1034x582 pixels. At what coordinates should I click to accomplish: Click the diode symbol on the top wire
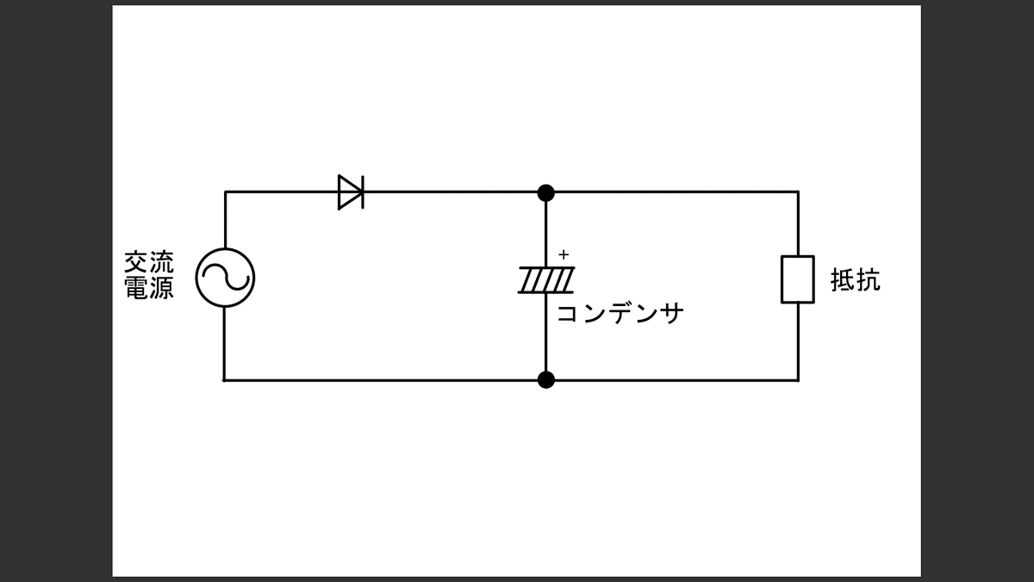click(x=351, y=191)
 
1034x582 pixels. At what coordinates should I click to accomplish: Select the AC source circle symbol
click(x=225, y=278)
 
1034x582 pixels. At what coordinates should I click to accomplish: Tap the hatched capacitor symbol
click(x=546, y=279)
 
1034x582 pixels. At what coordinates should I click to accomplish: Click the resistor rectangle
click(x=798, y=279)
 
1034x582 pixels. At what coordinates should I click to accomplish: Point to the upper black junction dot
click(x=545, y=191)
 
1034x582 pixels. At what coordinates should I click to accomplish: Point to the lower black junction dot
click(x=545, y=379)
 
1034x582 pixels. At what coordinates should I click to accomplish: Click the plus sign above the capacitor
click(x=564, y=255)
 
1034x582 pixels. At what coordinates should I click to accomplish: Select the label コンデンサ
click(x=620, y=313)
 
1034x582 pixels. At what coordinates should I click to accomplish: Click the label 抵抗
click(x=855, y=280)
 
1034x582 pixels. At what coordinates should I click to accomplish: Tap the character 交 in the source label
click(x=137, y=262)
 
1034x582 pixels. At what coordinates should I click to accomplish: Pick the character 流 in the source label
click(x=161, y=262)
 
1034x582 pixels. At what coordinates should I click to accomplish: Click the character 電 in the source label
click(x=137, y=288)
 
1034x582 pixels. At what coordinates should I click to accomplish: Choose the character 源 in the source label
click(x=161, y=288)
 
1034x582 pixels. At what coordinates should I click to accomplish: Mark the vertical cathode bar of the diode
click(x=362, y=191)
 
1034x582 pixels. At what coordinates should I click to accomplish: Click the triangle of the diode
click(x=348, y=191)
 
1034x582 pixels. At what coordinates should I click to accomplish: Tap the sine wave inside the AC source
click(x=225, y=278)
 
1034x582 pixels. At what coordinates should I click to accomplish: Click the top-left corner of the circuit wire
click(x=225, y=191)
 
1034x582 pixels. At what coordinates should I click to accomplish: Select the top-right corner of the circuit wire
click(x=798, y=191)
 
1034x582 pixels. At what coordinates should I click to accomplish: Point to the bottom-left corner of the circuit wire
click(x=224, y=379)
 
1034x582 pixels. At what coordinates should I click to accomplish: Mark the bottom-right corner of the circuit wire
click(x=798, y=379)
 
